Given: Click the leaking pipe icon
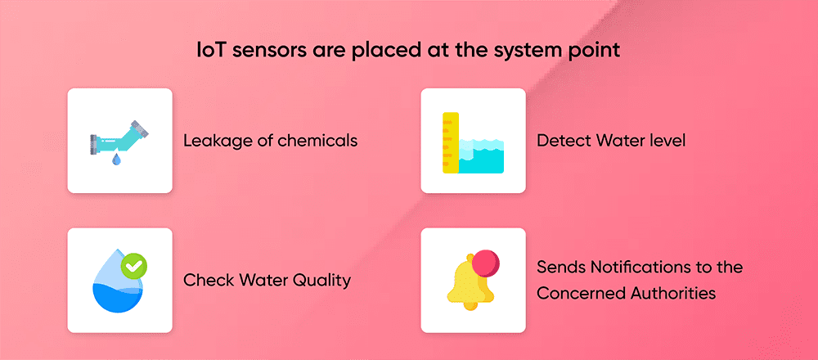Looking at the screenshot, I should tap(119, 136).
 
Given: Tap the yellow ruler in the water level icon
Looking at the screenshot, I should tap(449, 142).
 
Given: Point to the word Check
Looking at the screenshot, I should tap(208, 281).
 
